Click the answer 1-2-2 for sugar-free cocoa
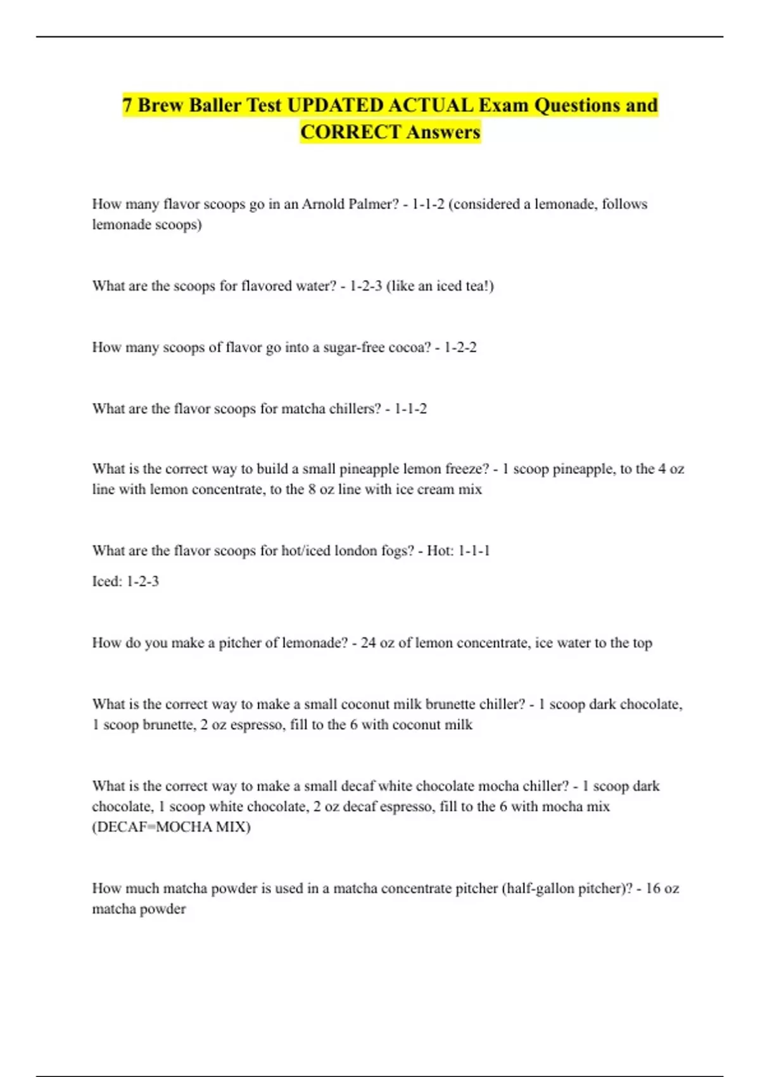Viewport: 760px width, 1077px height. pyautogui.click(x=460, y=347)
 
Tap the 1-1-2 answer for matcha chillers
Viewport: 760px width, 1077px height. pyautogui.click(x=410, y=409)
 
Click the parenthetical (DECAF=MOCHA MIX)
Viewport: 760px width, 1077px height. pyautogui.click(x=171, y=827)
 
